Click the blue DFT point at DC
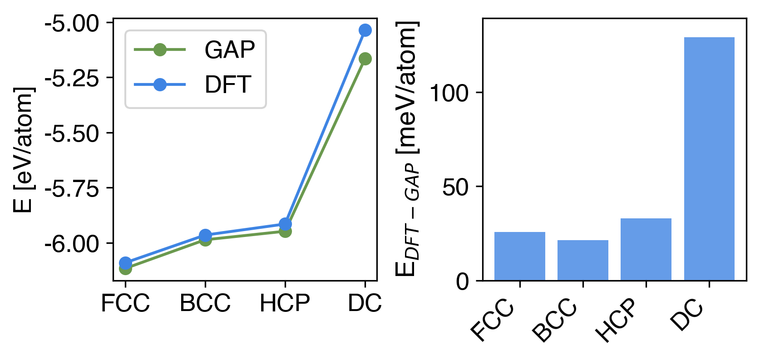[365, 30]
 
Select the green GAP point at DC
[365, 59]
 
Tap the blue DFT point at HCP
[285, 224]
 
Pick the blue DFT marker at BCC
[205, 235]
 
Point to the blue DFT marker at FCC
[125, 263]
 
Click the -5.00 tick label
[72, 23]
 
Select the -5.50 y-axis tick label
[72, 133]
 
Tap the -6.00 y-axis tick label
[72, 244]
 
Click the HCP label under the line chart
[285, 303]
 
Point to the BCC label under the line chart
[205, 303]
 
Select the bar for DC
[709, 159]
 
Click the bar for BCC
[583, 260]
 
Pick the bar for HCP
[646, 249]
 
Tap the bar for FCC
[520, 256]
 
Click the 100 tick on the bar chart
[449, 93]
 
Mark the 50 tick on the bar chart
[455, 187]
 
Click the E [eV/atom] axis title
[23, 150]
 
